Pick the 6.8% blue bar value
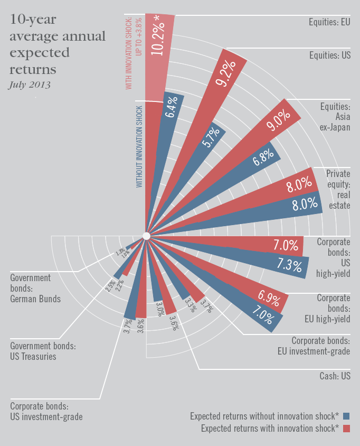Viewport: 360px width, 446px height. [x=263, y=156]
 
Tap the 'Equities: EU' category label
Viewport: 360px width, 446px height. [x=329, y=22]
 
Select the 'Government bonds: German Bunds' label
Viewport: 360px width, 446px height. [x=35, y=288]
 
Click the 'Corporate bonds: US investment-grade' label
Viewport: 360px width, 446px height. [x=46, y=412]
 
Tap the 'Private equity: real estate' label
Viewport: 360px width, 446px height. [x=338, y=189]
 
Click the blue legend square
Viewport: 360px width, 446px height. [x=346, y=415]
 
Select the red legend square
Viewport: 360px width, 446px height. [x=346, y=428]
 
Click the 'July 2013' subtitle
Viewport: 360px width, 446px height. [x=30, y=85]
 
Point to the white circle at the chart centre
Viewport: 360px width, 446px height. [x=147, y=236]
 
